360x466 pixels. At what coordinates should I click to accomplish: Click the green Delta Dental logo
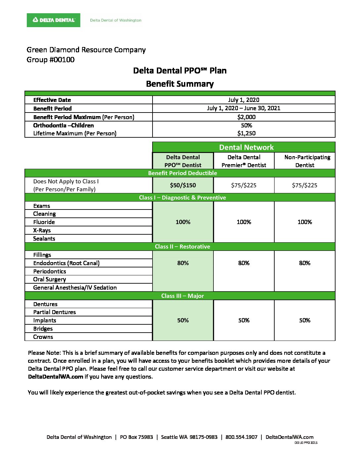point(54,20)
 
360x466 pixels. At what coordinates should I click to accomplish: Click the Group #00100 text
point(51,60)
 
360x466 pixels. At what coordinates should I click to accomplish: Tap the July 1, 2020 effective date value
point(244,100)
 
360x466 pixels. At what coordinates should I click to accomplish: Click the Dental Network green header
point(246,147)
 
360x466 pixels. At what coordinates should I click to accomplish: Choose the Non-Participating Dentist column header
point(305,161)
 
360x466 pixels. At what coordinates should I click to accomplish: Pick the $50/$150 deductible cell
point(183,185)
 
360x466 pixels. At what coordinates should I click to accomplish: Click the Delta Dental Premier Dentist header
point(244,161)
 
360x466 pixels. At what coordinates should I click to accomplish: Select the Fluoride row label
point(44,222)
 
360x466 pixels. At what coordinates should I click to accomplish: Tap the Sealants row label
point(44,239)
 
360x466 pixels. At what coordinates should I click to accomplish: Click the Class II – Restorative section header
point(182,247)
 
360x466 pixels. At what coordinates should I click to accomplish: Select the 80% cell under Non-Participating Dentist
point(305,263)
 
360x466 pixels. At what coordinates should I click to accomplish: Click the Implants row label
point(45,320)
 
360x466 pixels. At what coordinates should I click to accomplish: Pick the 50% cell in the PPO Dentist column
point(183,320)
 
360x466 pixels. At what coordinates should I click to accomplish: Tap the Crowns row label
point(43,337)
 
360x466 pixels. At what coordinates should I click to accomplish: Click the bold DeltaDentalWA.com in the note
point(56,377)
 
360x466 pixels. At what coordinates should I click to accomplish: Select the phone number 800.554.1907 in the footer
point(241,437)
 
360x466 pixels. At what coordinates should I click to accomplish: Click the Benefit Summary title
point(180,84)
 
